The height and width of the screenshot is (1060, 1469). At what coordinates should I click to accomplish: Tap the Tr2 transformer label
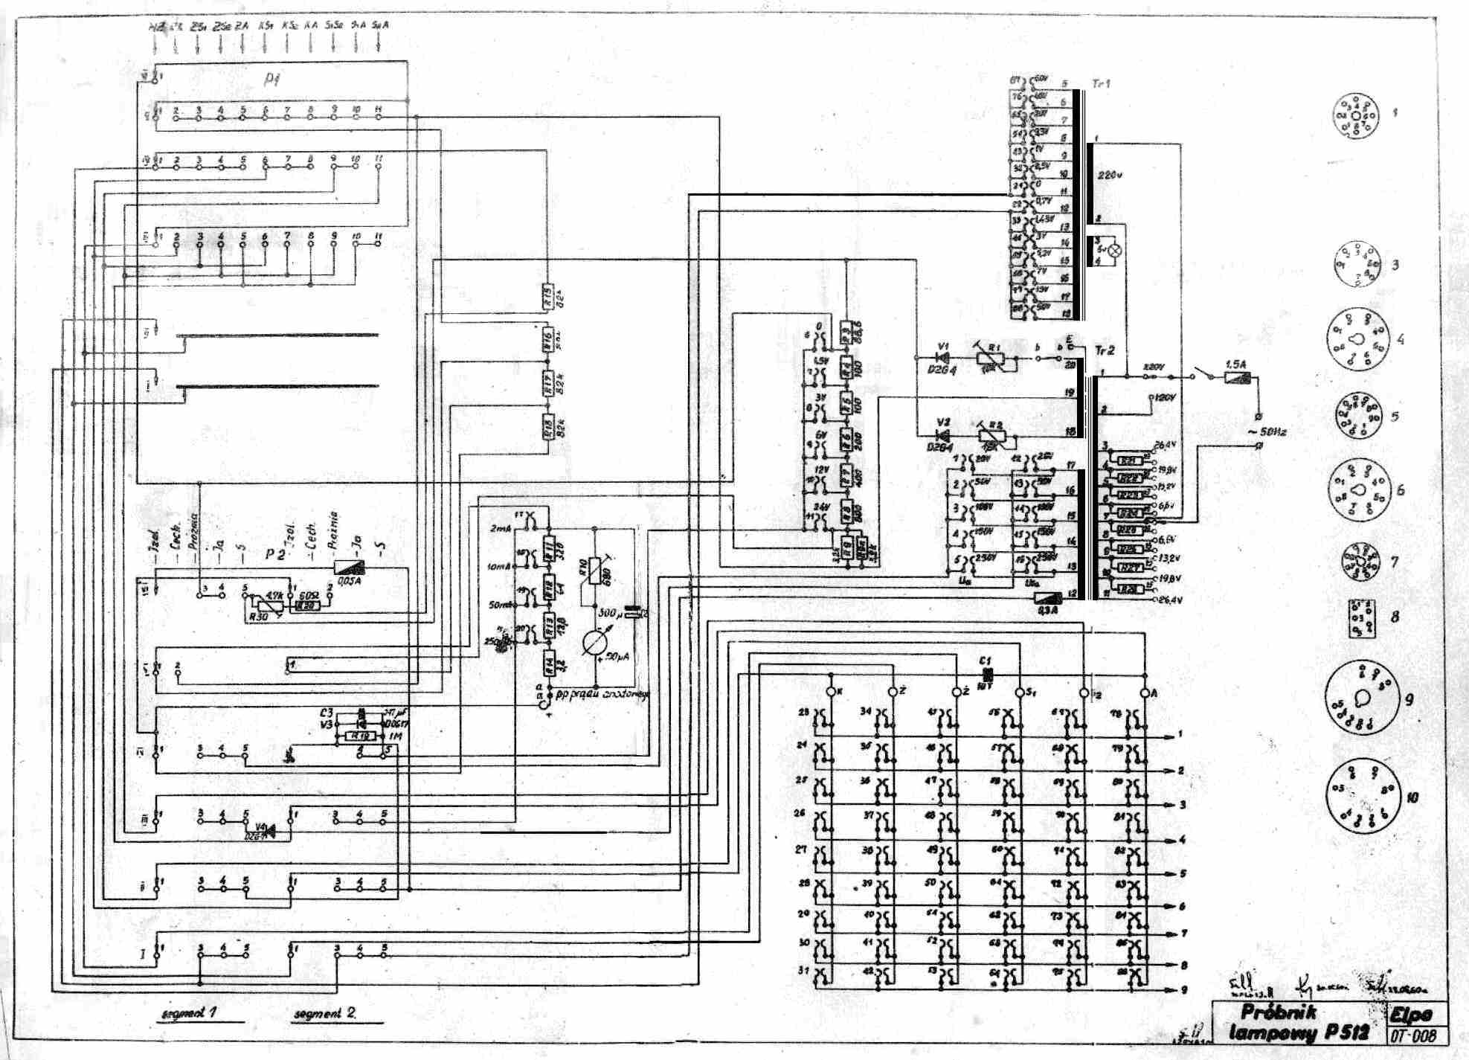pyautogui.click(x=1105, y=350)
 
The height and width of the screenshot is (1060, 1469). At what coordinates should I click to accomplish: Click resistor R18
pyautogui.click(x=549, y=427)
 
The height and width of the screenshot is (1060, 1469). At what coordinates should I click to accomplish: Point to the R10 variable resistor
pyautogui.click(x=594, y=571)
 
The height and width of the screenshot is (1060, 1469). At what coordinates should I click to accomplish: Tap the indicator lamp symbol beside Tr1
pyautogui.click(x=1113, y=251)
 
